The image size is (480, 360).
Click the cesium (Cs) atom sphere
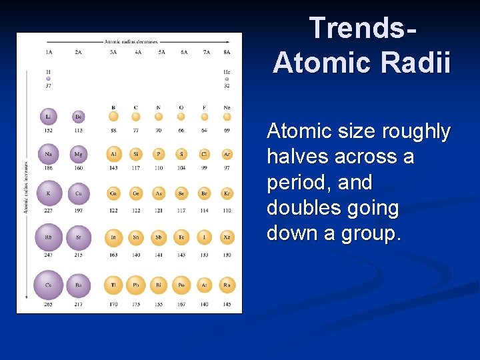pyautogui.click(x=49, y=285)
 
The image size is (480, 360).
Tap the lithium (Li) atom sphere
pyautogui.click(x=49, y=117)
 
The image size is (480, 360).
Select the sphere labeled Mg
pyautogui.click(x=79, y=154)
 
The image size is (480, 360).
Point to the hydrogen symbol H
pyautogui.click(x=49, y=71)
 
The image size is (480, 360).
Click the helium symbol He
pyautogui.click(x=227, y=71)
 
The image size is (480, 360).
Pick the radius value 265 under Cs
pyautogui.click(x=49, y=305)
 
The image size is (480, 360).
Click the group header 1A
pyautogui.click(x=49, y=51)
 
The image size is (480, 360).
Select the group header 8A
pyautogui.click(x=227, y=51)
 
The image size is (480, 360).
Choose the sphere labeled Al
pyautogui.click(x=113, y=154)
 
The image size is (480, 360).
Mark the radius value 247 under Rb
pyautogui.click(x=49, y=255)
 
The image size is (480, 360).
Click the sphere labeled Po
pyautogui.click(x=181, y=285)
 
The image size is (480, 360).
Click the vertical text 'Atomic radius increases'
pyautogui.click(x=25, y=187)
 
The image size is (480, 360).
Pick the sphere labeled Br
pyautogui.click(x=204, y=193)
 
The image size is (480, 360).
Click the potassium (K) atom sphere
pyautogui.click(x=49, y=193)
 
